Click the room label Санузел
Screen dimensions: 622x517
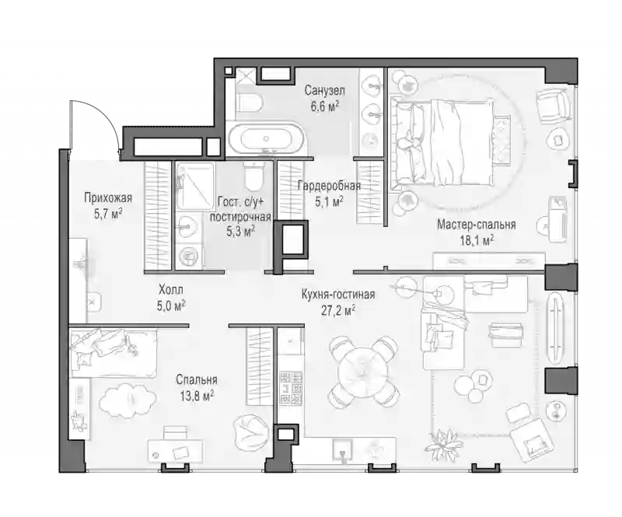coord(324,91)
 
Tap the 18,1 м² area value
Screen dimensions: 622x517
coord(477,240)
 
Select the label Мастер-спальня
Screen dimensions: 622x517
coord(477,225)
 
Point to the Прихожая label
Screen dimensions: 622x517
coord(108,197)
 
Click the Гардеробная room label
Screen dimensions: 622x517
coord(329,186)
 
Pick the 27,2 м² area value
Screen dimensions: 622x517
coord(338,310)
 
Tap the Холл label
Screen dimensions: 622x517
coord(171,289)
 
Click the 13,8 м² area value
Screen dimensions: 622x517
coord(197,396)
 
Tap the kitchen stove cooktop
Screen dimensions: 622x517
coord(291,388)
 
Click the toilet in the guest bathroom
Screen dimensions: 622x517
coord(253,176)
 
